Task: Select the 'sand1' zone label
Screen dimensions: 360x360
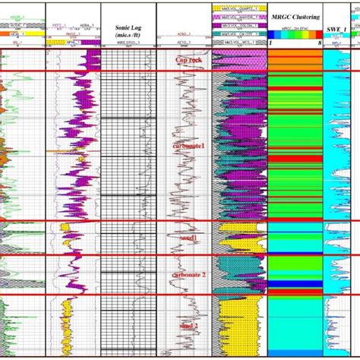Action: click(x=186, y=238)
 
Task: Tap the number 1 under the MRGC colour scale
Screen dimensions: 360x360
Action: click(x=270, y=43)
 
